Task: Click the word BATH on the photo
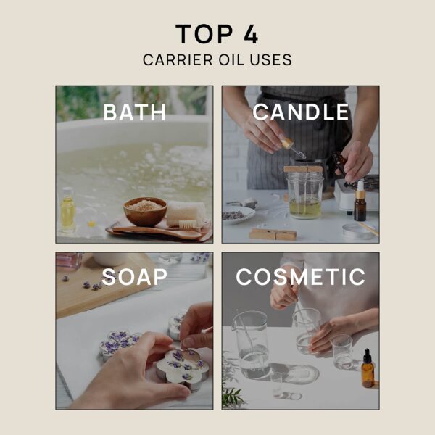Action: (x=135, y=112)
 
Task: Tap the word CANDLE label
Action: (x=300, y=112)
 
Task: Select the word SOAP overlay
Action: (x=135, y=277)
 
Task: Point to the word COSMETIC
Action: (x=300, y=277)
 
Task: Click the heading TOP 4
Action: (x=217, y=34)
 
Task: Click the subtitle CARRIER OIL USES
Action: (x=217, y=60)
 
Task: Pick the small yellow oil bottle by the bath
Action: (x=68, y=210)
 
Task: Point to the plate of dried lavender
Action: (x=239, y=215)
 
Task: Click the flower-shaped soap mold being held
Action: (x=181, y=367)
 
